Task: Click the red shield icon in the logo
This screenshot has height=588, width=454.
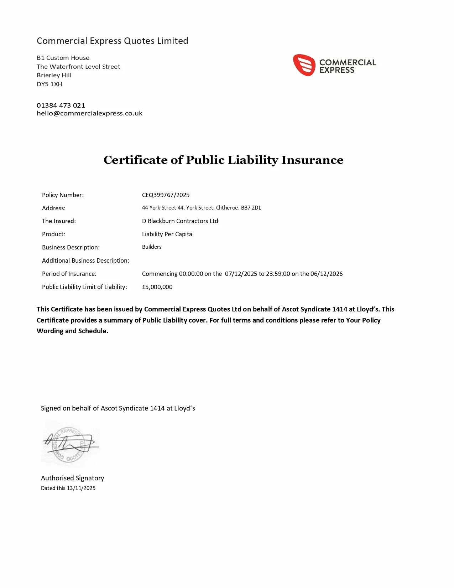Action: click(304, 65)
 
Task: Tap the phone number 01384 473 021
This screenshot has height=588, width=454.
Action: click(61, 105)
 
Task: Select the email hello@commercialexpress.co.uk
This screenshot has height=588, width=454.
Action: click(89, 113)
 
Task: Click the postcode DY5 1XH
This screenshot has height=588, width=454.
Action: click(49, 84)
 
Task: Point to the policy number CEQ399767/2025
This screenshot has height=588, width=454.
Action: click(166, 195)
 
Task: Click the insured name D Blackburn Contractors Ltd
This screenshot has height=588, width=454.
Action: click(180, 221)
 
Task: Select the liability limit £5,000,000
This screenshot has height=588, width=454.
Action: click(157, 287)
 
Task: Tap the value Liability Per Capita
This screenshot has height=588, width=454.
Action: click(167, 234)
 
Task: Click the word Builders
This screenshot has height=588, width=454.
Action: click(152, 247)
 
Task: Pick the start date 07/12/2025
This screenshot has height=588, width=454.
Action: click(241, 274)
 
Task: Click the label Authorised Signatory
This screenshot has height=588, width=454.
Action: click(72, 478)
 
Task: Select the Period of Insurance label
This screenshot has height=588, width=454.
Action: click(69, 274)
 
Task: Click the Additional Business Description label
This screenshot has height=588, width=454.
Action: click(85, 261)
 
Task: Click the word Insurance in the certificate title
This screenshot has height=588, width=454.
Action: click(312, 160)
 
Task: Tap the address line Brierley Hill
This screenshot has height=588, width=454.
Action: click(54, 75)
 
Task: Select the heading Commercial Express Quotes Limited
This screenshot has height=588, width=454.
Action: click(112, 41)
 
